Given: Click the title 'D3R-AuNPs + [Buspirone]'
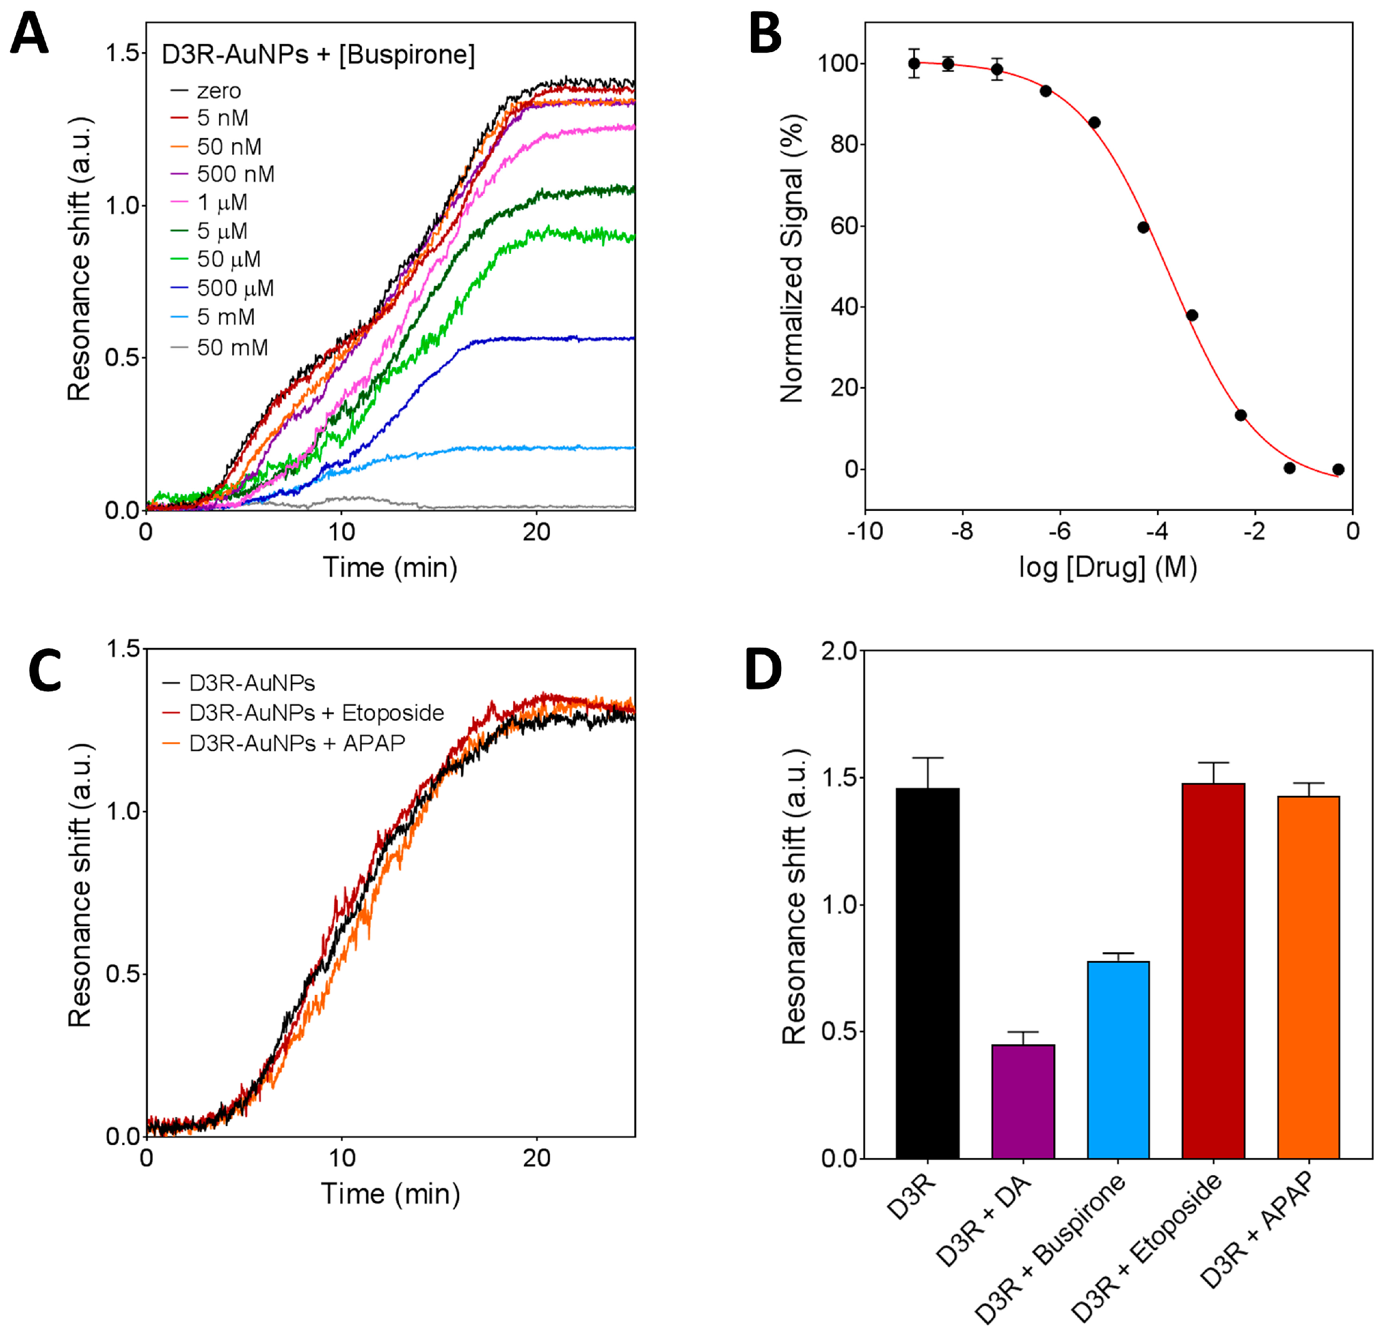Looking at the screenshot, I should pyautogui.click(x=318, y=55).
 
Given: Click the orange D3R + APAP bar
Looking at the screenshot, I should pyautogui.click(x=1308, y=977).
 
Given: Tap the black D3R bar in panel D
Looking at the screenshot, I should pyautogui.click(x=927, y=974).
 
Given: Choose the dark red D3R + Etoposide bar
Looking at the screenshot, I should pyautogui.click(x=1214, y=971).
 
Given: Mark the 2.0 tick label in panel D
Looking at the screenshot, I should pyautogui.click(x=838, y=651).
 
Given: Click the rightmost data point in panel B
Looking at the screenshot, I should pyautogui.click(x=1338, y=469).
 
